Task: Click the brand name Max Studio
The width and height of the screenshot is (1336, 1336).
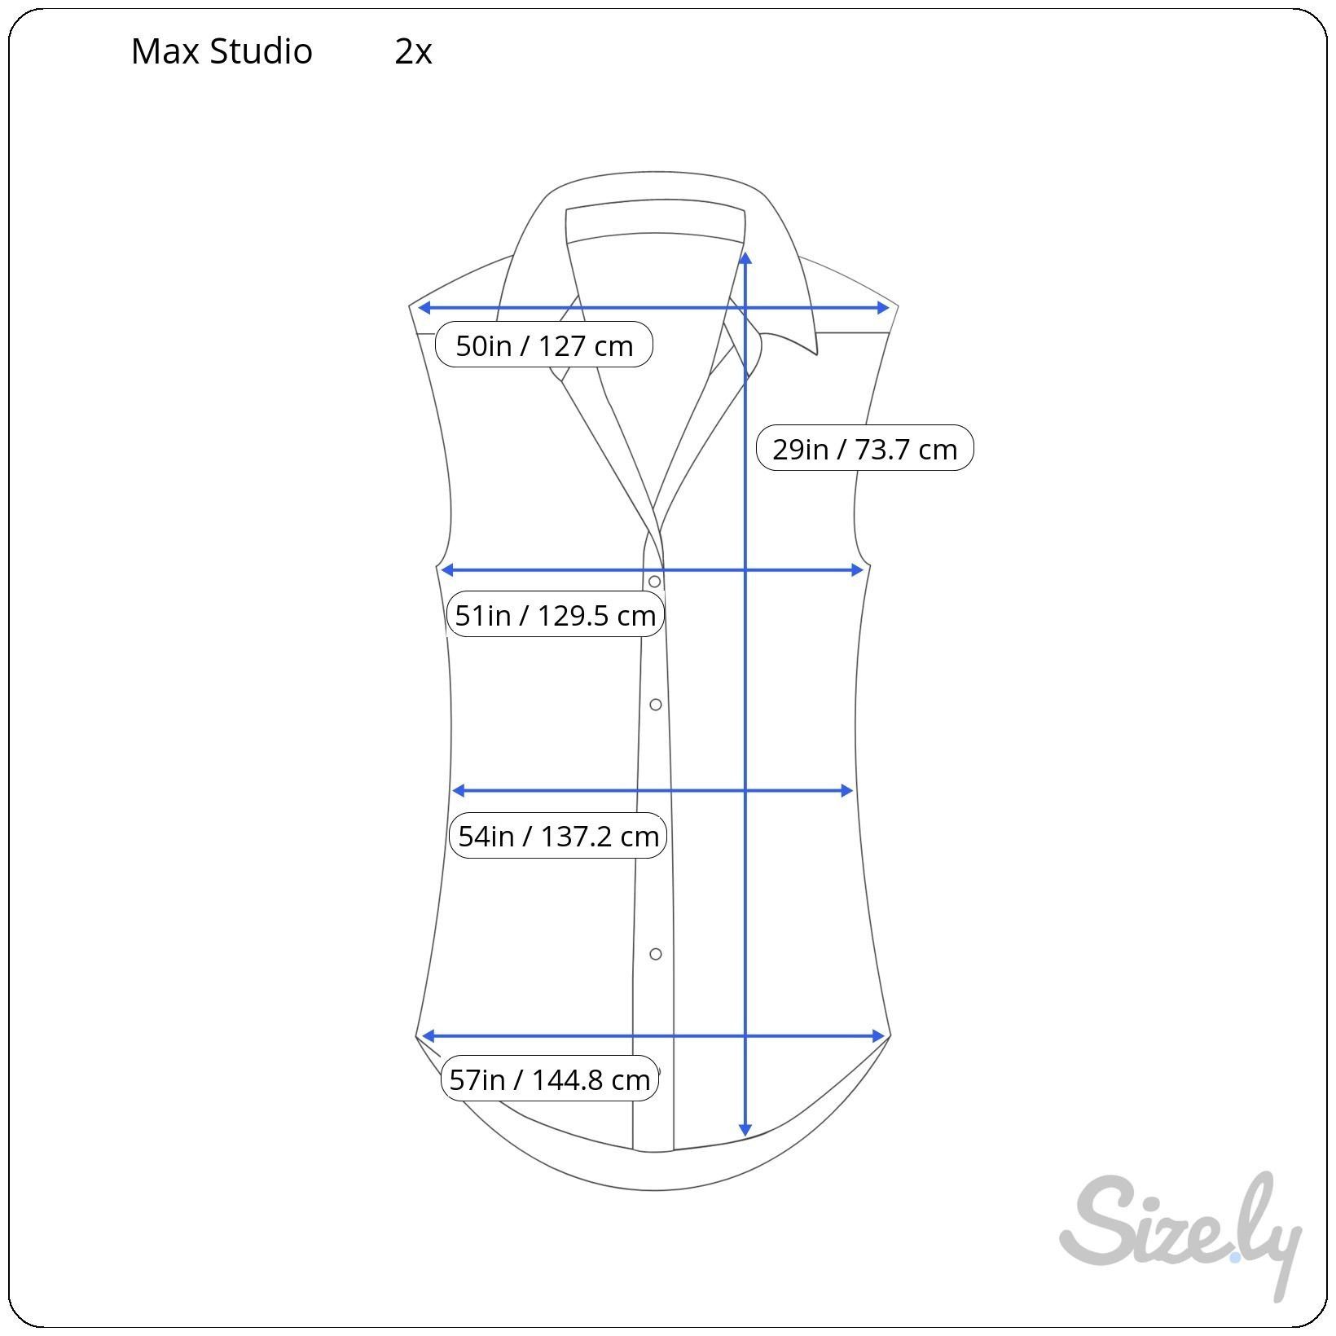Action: pyautogui.click(x=222, y=51)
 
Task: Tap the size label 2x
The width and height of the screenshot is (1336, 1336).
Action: pyautogui.click(x=413, y=51)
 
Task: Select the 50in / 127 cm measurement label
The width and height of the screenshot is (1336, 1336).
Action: pyautogui.click(x=544, y=345)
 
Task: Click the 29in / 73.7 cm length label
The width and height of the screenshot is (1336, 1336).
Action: pyautogui.click(x=864, y=448)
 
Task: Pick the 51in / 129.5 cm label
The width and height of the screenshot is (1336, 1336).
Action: pyautogui.click(x=556, y=614)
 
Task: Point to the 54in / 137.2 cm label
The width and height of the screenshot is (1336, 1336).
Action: pyautogui.click(x=558, y=835)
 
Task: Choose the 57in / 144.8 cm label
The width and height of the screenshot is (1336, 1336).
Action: pyautogui.click(x=550, y=1079)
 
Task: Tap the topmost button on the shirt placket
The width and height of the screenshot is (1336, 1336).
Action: pyautogui.click(x=654, y=582)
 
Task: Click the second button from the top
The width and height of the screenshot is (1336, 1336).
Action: pyautogui.click(x=655, y=704)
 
